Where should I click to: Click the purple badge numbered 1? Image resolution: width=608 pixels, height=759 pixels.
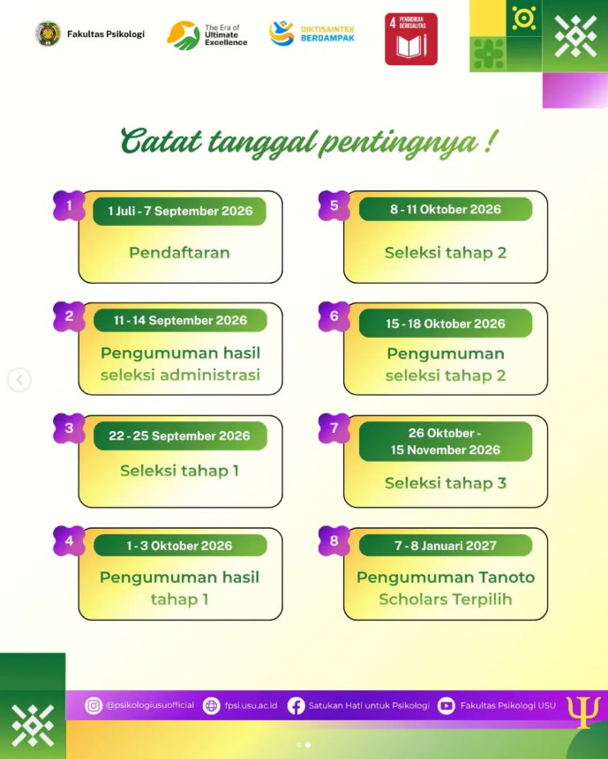click(x=69, y=205)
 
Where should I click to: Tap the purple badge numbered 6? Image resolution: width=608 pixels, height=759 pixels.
click(x=334, y=316)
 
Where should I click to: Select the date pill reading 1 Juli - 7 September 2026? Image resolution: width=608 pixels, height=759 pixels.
click(x=180, y=211)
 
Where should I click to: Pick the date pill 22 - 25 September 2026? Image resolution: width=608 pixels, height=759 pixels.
click(x=180, y=435)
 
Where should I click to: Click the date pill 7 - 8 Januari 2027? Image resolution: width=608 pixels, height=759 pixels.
click(x=446, y=546)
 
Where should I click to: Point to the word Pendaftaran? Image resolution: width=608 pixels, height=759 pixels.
click(x=179, y=253)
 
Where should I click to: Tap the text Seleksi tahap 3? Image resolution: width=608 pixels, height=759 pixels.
click(x=446, y=483)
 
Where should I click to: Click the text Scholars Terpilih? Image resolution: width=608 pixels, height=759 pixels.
click(x=446, y=599)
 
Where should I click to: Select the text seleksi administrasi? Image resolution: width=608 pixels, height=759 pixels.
click(x=180, y=376)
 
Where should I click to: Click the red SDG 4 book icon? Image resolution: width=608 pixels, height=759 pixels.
click(x=411, y=39)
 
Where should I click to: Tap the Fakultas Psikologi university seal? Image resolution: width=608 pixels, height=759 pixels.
click(x=48, y=33)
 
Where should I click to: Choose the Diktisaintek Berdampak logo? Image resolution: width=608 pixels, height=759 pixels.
click(x=312, y=33)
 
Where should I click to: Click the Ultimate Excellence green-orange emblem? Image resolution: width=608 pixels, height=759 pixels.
click(x=184, y=35)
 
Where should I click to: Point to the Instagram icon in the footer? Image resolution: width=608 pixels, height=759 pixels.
click(x=94, y=706)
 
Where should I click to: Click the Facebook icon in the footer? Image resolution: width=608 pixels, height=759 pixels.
click(x=296, y=706)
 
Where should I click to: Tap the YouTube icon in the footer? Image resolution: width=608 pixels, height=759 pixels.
click(x=447, y=706)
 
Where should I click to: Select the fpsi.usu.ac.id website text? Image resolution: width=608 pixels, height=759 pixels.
click(x=251, y=706)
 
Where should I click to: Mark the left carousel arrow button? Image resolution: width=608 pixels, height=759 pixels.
click(x=19, y=379)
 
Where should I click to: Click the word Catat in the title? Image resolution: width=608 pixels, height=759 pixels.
click(x=161, y=141)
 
